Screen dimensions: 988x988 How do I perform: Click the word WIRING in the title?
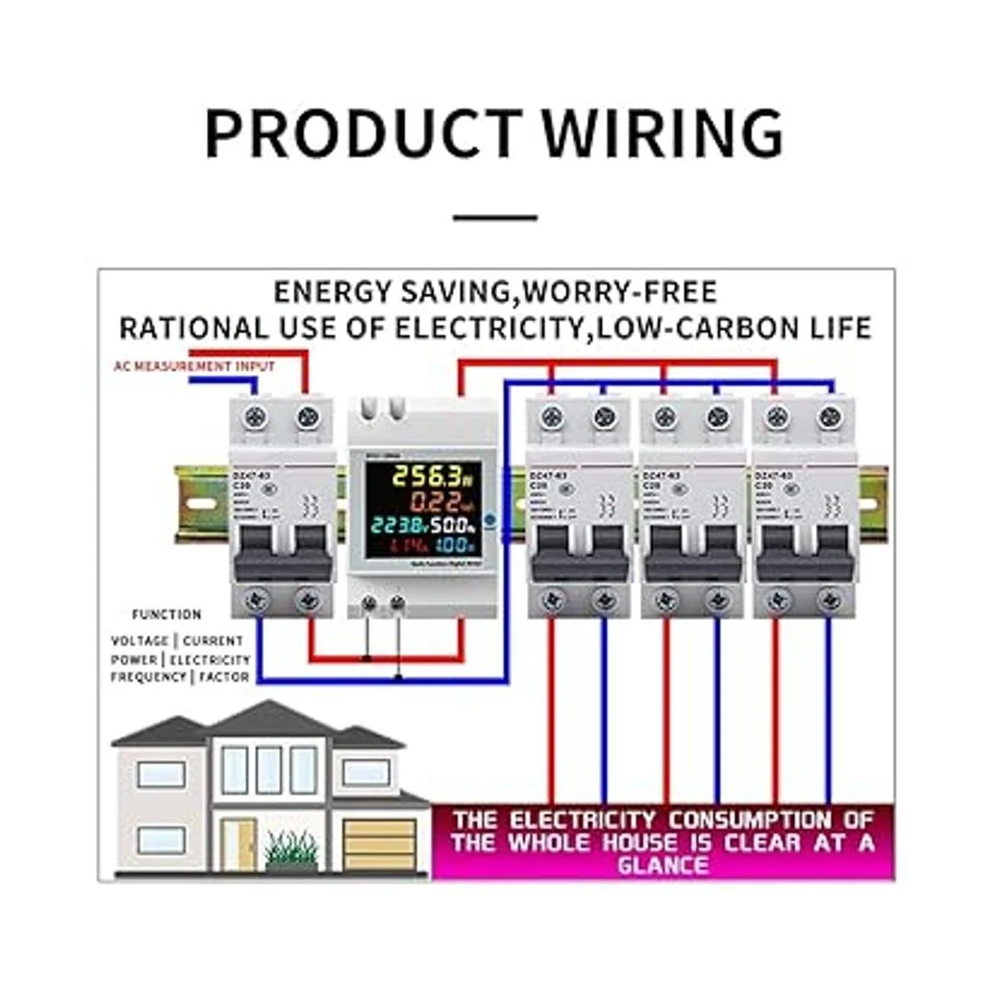coord(663,133)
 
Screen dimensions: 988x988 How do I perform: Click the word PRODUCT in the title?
coord(362,133)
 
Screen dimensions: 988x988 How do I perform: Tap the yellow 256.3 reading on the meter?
coord(420,476)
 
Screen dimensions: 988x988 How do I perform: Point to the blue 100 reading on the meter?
coord(454,545)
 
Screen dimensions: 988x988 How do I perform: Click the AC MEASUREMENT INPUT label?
coord(194,366)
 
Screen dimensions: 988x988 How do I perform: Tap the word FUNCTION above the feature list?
coord(166,614)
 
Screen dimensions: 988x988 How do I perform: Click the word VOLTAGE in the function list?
coord(139,641)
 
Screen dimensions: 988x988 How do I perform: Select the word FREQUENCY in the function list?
coord(149,677)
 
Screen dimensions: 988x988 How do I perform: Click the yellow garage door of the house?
coord(379,843)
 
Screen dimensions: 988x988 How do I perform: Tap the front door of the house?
coord(240,845)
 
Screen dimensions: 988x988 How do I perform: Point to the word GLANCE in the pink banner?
coord(663,865)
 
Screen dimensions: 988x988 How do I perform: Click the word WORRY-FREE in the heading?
coord(620,292)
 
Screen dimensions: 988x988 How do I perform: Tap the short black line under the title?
coord(496,218)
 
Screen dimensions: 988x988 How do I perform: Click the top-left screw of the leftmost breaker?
coord(256,417)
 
